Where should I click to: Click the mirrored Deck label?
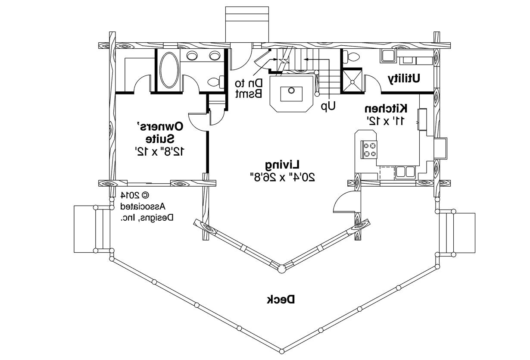(281, 299)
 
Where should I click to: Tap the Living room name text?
(282, 164)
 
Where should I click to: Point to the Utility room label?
(404, 78)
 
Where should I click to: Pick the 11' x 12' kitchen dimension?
(386, 121)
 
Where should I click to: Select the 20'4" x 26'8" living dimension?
(282, 177)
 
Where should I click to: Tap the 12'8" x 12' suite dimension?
(160, 151)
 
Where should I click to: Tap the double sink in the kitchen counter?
(405, 172)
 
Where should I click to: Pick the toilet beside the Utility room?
(353, 56)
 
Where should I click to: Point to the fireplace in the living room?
(291, 93)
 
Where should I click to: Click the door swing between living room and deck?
(345, 202)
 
